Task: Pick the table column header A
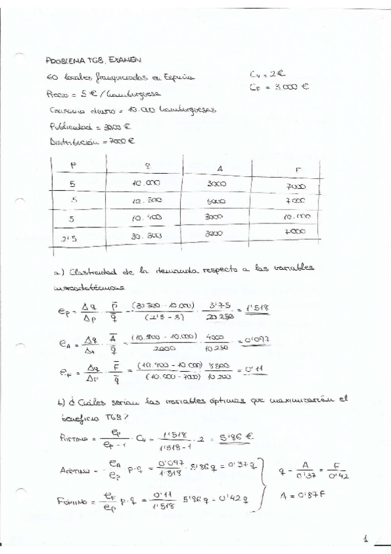point(219,169)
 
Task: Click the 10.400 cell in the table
point(146,218)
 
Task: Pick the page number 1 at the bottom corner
point(366,539)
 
